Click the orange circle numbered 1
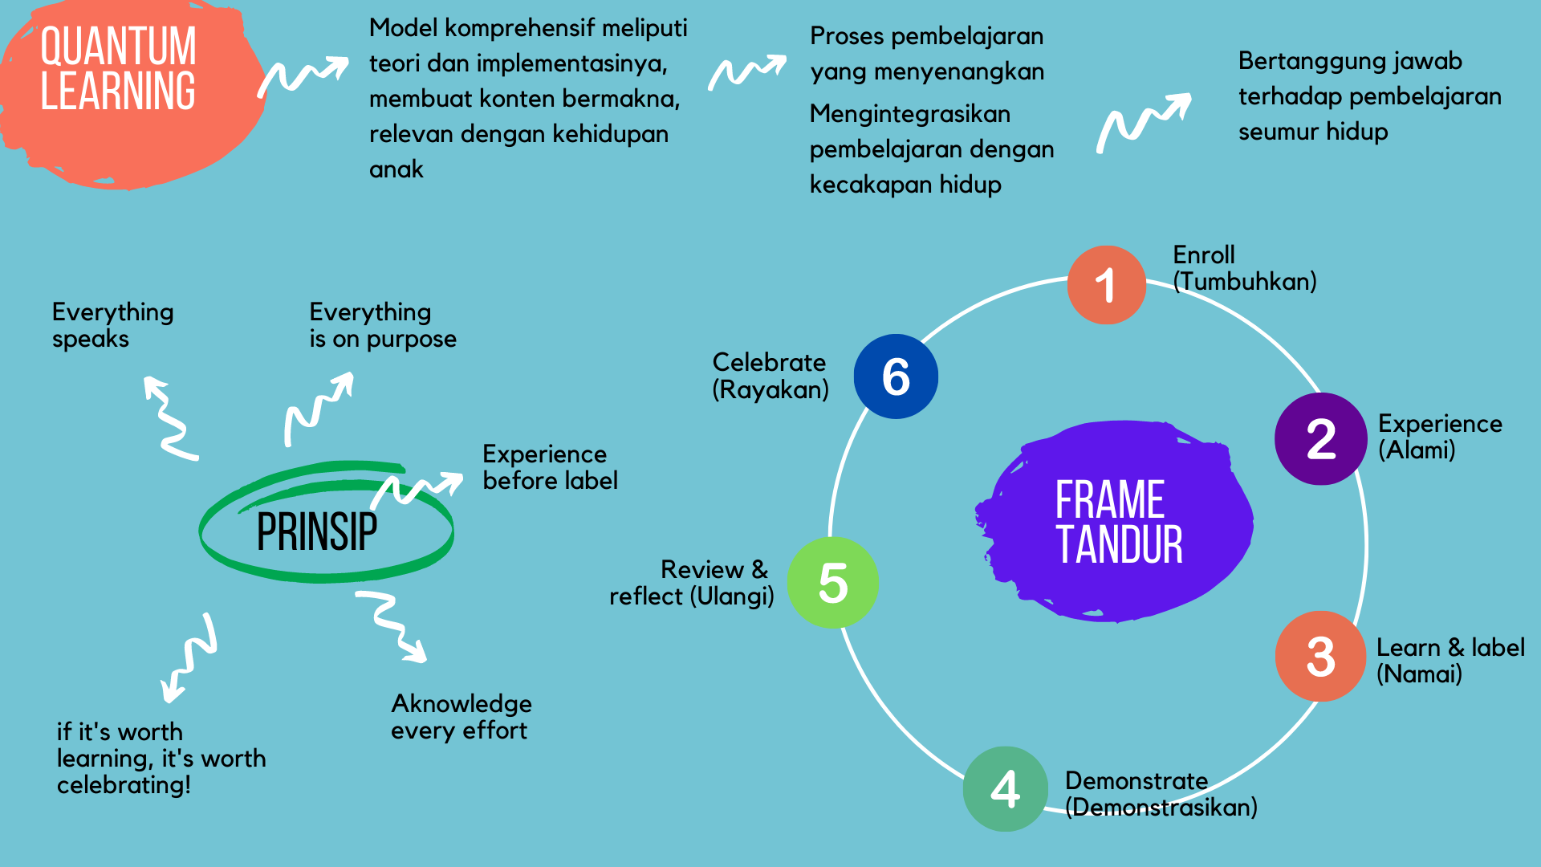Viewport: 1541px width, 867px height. pyautogui.click(x=1106, y=285)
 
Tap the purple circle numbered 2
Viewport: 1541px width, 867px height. pyautogui.click(x=1320, y=438)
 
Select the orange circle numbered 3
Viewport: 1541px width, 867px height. pyautogui.click(x=1320, y=656)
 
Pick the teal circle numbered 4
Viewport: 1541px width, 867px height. pyautogui.click(x=1005, y=788)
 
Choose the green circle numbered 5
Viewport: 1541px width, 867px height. pyautogui.click(x=833, y=582)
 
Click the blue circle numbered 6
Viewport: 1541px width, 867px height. pyautogui.click(x=896, y=377)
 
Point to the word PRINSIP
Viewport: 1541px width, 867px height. pyautogui.click(x=317, y=531)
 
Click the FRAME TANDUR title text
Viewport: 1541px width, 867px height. pyautogui.click(x=1119, y=522)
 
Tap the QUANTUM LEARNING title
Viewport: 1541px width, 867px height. pyautogui.click(x=118, y=68)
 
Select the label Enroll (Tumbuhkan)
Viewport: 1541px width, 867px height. pyautogui.click(x=1245, y=268)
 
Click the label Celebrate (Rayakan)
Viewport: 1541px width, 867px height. pyautogui.click(x=770, y=376)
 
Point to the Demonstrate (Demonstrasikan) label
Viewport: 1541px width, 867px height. pyautogui.click(x=1161, y=793)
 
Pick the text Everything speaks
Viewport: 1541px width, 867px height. pyautogui.click(x=112, y=325)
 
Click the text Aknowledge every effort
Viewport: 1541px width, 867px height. pyautogui.click(x=461, y=717)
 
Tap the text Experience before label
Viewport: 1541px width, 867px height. pyautogui.click(x=551, y=467)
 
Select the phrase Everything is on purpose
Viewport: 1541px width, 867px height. pyautogui.click(x=383, y=325)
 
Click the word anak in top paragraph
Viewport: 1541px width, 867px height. pyautogui.click(x=396, y=169)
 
